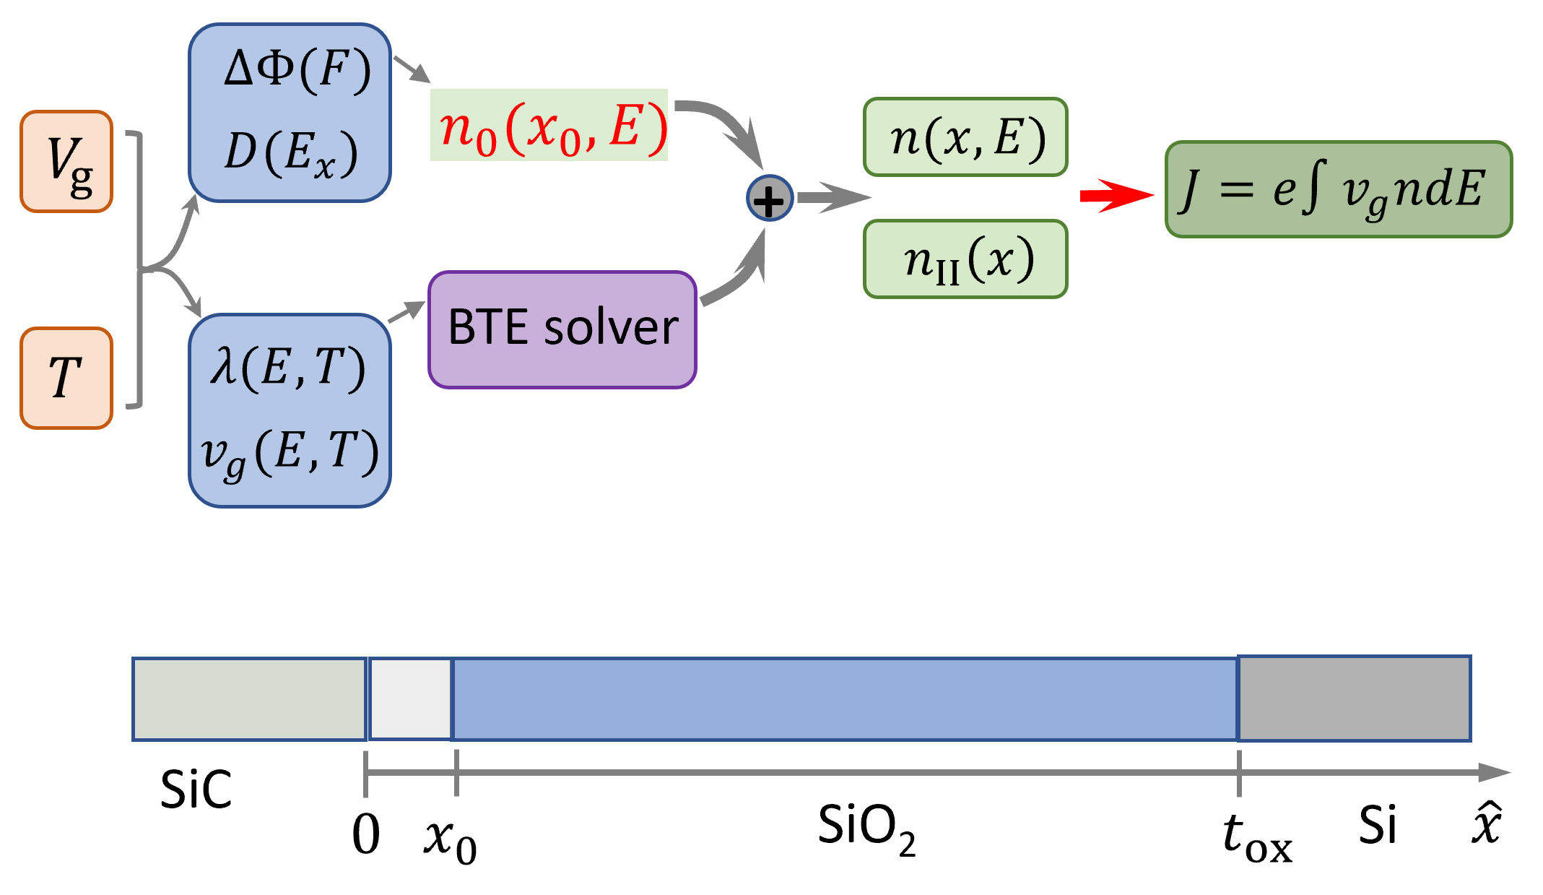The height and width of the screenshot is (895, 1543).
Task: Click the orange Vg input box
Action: tap(66, 161)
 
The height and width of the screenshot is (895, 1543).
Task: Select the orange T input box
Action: tap(66, 378)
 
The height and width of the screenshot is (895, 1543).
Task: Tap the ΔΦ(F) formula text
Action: tap(297, 71)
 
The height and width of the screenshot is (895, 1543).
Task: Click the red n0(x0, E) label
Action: tap(552, 127)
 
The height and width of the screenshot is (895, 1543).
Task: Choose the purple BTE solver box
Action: tap(562, 329)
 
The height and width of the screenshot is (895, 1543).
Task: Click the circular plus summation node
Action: tap(770, 199)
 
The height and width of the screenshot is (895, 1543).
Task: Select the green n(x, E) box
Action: tap(965, 137)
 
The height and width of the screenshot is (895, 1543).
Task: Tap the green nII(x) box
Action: tap(965, 259)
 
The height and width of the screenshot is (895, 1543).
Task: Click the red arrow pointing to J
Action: tap(1116, 195)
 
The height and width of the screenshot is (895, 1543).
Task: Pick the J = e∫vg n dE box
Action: tap(1338, 189)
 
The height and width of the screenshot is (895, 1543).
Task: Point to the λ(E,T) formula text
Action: tap(287, 368)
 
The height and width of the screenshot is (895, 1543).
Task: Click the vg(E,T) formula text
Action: tap(290, 453)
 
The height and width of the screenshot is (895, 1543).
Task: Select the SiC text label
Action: tap(196, 789)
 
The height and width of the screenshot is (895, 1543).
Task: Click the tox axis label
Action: tap(1257, 838)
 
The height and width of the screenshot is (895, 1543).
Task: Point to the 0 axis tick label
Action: tap(366, 835)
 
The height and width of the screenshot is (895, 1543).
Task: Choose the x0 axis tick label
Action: tap(450, 839)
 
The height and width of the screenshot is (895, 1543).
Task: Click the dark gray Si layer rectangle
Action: tap(1355, 699)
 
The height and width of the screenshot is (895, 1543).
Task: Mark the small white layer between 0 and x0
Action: tap(410, 699)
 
